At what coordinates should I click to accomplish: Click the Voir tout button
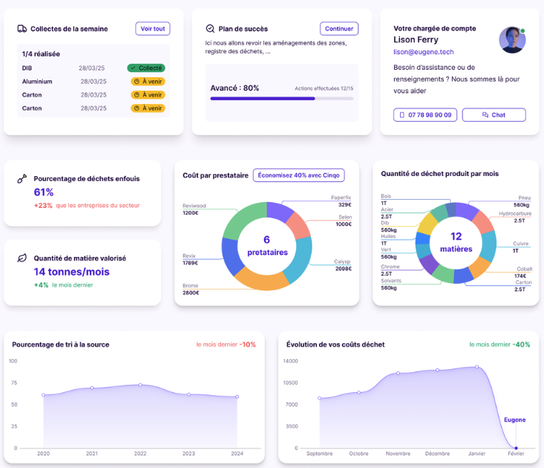153,29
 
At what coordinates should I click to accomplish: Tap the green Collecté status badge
146,68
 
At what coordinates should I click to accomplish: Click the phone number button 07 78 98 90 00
425,115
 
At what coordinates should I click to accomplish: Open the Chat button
494,115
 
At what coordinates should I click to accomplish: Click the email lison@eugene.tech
423,52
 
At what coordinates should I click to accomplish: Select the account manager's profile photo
512,40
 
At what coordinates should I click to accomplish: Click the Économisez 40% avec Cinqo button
299,175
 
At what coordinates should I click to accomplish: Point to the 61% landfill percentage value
44,192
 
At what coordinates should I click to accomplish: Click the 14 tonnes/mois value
68,272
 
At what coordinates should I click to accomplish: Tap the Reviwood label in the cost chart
194,206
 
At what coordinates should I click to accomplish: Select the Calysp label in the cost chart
342,261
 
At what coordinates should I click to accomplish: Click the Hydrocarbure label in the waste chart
515,213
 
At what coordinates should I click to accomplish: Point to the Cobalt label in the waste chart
524,269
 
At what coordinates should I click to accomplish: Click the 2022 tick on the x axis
140,453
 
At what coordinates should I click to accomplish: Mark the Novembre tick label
398,453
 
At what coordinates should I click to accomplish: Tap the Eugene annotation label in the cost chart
514,420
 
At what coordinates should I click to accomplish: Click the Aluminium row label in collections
37,81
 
